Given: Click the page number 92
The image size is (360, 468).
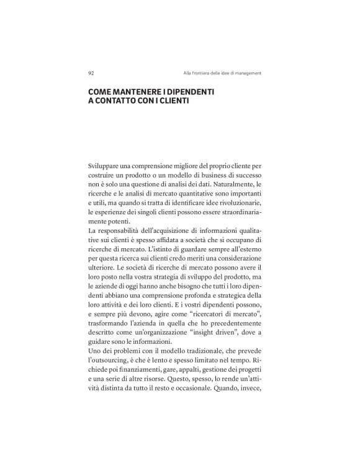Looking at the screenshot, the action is tap(92, 73).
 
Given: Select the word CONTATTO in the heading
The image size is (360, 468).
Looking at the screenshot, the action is tap(122, 100).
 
